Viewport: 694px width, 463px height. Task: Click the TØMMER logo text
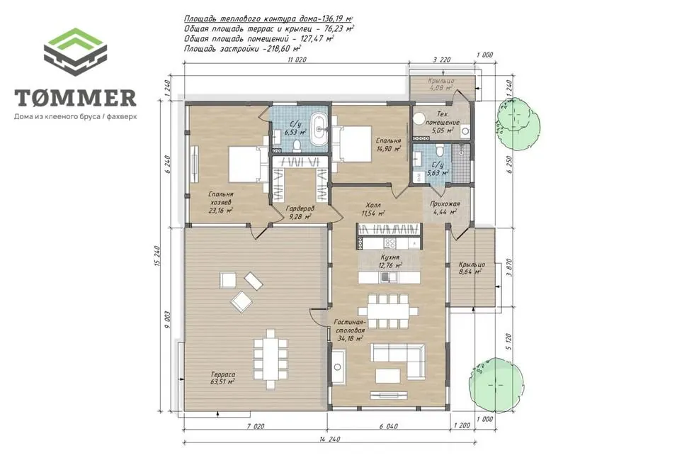click(x=75, y=98)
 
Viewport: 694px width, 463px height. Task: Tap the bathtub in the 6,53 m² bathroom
click(x=318, y=129)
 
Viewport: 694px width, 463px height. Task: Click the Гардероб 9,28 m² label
click(x=300, y=213)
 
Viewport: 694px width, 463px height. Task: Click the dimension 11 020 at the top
click(x=297, y=60)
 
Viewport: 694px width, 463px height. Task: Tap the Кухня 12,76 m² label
click(x=390, y=262)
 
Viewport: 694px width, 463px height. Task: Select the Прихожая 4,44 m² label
click(x=445, y=208)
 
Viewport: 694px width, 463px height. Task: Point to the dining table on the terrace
click(x=270, y=358)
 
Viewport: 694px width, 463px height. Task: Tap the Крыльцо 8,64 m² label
click(x=472, y=268)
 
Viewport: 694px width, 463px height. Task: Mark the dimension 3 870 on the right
click(x=509, y=268)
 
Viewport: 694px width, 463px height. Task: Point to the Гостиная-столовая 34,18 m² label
click(x=350, y=330)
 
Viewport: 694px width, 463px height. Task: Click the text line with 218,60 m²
click(x=242, y=49)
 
